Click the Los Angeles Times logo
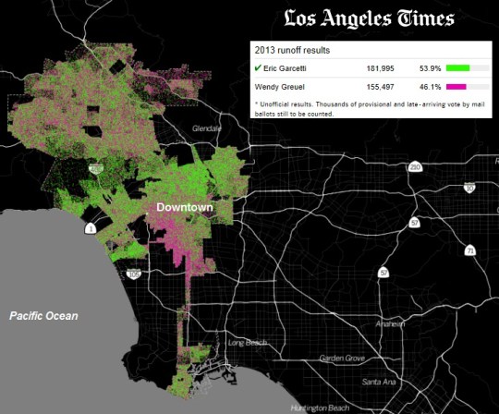[369, 18]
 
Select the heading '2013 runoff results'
[291, 50]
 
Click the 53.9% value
[426, 67]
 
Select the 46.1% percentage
[426, 86]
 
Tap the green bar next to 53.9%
[457, 67]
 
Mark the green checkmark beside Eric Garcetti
[258, 67]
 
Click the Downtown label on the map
[185, 208]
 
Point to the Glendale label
[208, 128]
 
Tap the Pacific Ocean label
[43, 316]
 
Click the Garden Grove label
[343, 359]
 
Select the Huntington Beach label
[334, 408]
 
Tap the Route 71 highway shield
[471, 251]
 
